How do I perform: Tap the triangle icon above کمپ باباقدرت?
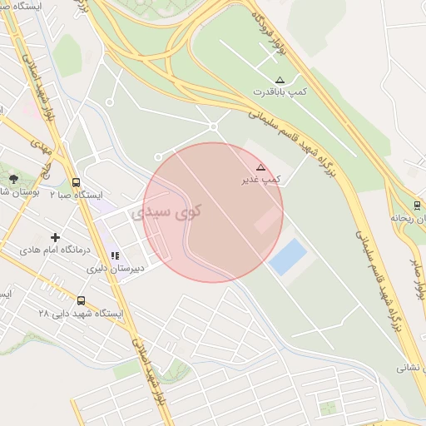click(x=280, y=80)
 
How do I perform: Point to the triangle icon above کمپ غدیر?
click(x=260, y=167)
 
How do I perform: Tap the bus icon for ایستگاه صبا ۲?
click(x=77, y=183)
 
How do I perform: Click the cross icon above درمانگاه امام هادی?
click(x=56, y=238)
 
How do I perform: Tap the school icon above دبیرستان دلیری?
click(x=115, y=255)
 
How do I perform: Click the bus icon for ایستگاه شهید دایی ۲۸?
click(x=82, y=300)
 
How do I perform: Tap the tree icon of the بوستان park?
click(x=12, y=179)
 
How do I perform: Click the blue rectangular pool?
click(x=288, y=256)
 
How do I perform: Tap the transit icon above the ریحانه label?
click(x=417, y=206)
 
